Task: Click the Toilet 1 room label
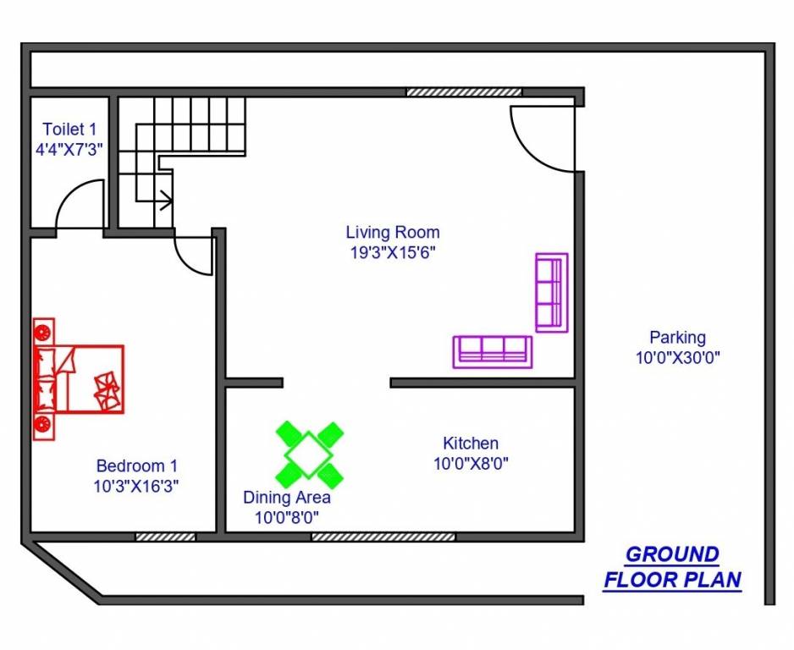click(x=69, y=129)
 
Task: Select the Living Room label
click(x=393, y=232)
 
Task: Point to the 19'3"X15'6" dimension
click(x=393, y=252)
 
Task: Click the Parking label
click(x=677, y=337)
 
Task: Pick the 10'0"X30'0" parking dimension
click(x=677, y=357)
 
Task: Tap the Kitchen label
click(x=471, y=443)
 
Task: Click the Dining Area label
click(x=287, y=497)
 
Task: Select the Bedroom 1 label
click(x=136, y=465)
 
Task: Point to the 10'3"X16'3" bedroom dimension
click(x=136, y=486)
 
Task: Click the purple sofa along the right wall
click(x=551, y=292)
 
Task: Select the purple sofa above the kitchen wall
click(x=493, y=351)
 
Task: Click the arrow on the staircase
click(x=166, y=201)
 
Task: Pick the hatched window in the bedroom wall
click(x=166, y=536)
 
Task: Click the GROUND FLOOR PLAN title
click(x=672, y=567)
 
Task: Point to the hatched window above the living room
click(x=464, y=91)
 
